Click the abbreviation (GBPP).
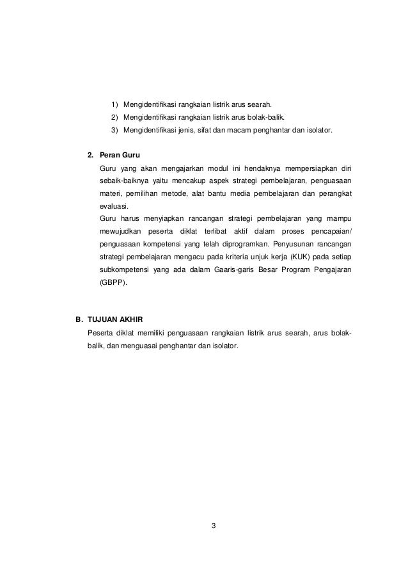click(113, 282)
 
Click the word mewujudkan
click(120, 231)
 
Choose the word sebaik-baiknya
click(125, 181)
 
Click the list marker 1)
click(114, 106)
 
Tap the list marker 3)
click(114, 131)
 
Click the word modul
click(210, 168)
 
